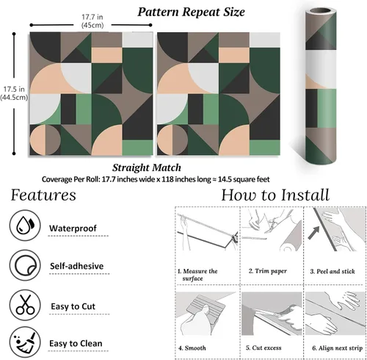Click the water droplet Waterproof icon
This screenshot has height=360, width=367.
(25, 225)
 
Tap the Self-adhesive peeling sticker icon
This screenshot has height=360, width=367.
(25, 265)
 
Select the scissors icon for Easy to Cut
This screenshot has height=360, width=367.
(25, 305)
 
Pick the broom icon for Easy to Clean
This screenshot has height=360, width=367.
(25, 342)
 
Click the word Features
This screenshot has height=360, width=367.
(43, 195)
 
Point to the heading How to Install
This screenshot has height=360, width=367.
(275, 195)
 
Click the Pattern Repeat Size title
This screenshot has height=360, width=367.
(191, 12)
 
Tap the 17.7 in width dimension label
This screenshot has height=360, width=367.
(92, 21)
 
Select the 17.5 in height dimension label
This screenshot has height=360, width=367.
(14, 93)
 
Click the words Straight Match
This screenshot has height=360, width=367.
(147, 168)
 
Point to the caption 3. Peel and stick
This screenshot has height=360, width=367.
(333, 271)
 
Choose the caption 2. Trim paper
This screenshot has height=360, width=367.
(268, 271)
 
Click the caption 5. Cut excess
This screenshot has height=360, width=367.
(264, 348)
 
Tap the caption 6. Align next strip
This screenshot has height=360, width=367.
(337, 348)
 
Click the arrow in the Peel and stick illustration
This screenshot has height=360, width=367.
(313, 233)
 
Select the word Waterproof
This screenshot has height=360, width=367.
(73, 228)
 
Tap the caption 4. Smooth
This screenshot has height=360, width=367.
(192, 348)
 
